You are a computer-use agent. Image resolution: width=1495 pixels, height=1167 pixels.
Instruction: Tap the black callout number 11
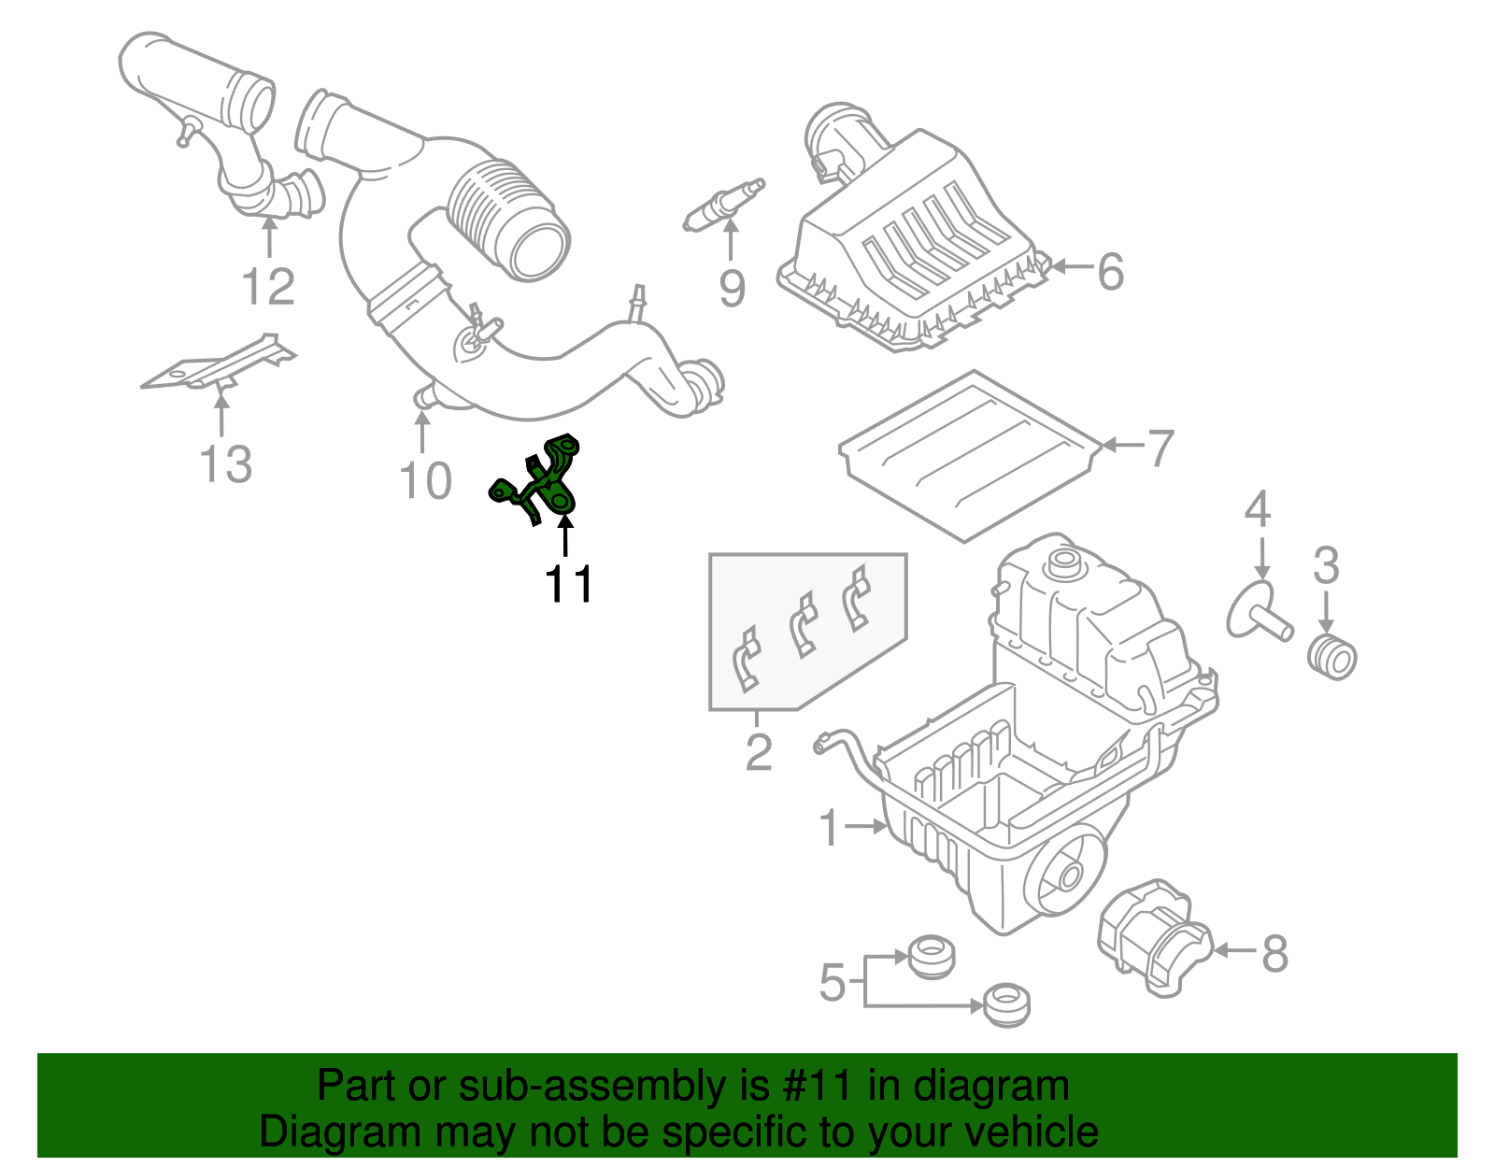569,585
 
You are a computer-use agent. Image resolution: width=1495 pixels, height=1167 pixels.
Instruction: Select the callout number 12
268,286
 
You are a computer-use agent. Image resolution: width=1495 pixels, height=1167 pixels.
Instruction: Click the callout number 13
226,463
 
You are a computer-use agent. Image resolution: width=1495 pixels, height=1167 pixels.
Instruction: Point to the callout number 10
425,480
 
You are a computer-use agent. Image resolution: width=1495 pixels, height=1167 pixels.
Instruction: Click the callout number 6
1110,272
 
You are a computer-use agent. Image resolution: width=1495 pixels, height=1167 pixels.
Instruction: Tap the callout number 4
1258,509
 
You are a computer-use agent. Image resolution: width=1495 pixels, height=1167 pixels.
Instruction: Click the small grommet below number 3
1331,656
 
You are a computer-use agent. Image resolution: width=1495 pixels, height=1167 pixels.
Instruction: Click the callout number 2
759,752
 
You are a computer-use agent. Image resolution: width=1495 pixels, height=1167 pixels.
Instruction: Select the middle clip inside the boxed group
804,624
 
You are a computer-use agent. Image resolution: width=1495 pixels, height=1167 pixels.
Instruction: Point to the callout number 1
830,828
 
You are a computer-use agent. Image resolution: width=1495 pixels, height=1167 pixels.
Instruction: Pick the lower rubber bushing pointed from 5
1007,1005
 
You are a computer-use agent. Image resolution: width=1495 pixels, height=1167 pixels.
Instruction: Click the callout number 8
1274,954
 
